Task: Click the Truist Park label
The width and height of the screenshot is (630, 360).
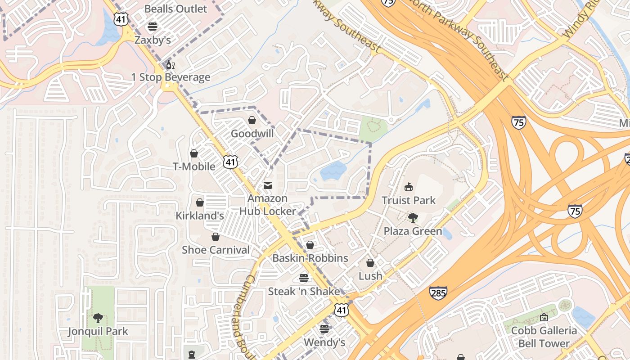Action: tap(409, 200)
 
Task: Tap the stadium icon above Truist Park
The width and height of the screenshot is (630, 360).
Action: tap(409, 187)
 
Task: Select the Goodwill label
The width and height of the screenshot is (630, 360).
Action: tap(252, 134)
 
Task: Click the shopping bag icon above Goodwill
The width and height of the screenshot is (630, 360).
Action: tap(252, 121)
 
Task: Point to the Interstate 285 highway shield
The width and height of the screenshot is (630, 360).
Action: tap(438, 293)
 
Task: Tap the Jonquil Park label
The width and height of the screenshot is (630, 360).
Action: tap(98, 332)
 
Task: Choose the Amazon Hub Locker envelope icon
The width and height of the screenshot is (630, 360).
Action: tap(268, 185)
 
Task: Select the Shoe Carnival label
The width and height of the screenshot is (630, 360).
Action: tap(216, 250)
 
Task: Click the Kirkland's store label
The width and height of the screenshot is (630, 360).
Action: tap(199, 216)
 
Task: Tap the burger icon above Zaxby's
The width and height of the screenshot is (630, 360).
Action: tap(153, 26)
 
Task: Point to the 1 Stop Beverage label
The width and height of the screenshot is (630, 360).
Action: tap(171, 77)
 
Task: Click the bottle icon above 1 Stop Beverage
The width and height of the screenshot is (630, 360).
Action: tap(170, 65)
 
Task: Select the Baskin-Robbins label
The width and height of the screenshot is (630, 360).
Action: tap(310, 258)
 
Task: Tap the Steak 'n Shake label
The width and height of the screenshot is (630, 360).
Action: tap(304, 291)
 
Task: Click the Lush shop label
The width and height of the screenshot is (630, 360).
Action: tap(370, 276)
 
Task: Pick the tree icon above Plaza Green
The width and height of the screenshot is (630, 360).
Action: tap(413, 218)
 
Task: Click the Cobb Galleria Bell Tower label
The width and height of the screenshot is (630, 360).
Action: tap(544, 337)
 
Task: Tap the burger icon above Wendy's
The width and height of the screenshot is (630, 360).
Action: tap(324, 329)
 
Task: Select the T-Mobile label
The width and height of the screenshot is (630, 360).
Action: tap(194, 166)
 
